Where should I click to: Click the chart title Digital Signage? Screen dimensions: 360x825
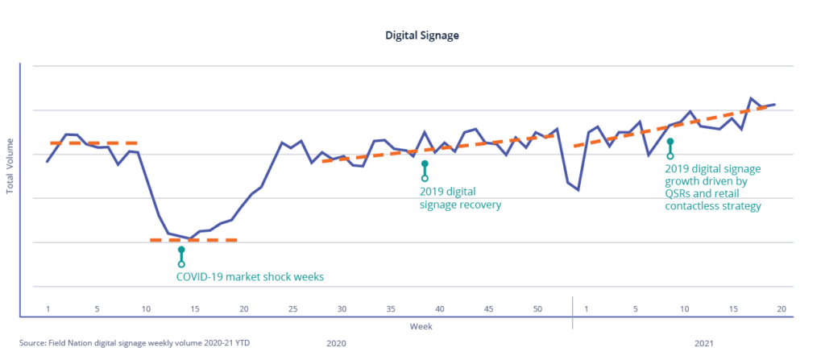click(x=412, y=36)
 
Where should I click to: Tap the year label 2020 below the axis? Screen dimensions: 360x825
click(x=336, y=343)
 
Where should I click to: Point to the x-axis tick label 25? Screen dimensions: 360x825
click(x=293, y=309)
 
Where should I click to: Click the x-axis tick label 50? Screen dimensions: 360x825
click(x=537, y=309)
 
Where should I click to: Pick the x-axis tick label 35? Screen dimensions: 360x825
click(x=391, y=309)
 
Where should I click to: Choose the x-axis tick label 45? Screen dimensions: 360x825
click(x=488, y=309)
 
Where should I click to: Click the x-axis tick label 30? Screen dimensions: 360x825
click(x=342, y=309)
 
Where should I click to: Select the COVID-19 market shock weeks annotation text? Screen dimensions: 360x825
click(x=250, y=276)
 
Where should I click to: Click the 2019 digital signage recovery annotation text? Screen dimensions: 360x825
click(x=460, y=198)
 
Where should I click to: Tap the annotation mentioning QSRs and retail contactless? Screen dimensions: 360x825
click(x=713, y=188)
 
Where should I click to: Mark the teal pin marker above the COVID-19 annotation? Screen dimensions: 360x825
click(x=181, y=256)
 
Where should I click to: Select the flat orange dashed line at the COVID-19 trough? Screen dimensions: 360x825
click(x=194, y=240)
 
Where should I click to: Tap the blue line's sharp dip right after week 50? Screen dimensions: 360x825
click(x=578, y=190)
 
